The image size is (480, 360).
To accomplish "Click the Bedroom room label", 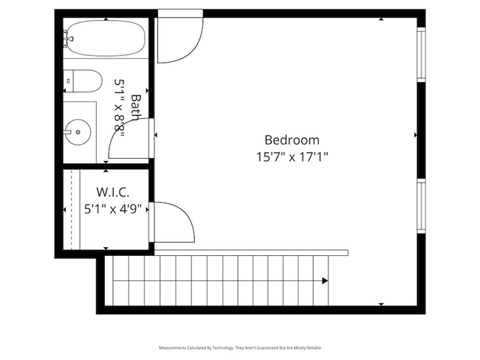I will [292, 139].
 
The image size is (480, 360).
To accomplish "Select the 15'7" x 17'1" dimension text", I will [292, 156].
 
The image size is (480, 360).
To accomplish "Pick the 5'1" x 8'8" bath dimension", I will [119, 106].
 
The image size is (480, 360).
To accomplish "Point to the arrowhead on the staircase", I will [325, 280].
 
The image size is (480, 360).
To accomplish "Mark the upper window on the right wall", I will [421, 54].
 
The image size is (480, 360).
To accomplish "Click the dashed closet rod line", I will [72, 210].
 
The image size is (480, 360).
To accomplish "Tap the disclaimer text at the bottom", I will [240, 347].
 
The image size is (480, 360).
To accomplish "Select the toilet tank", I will [69, 80].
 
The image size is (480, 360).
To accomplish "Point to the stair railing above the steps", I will [251, 252].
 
